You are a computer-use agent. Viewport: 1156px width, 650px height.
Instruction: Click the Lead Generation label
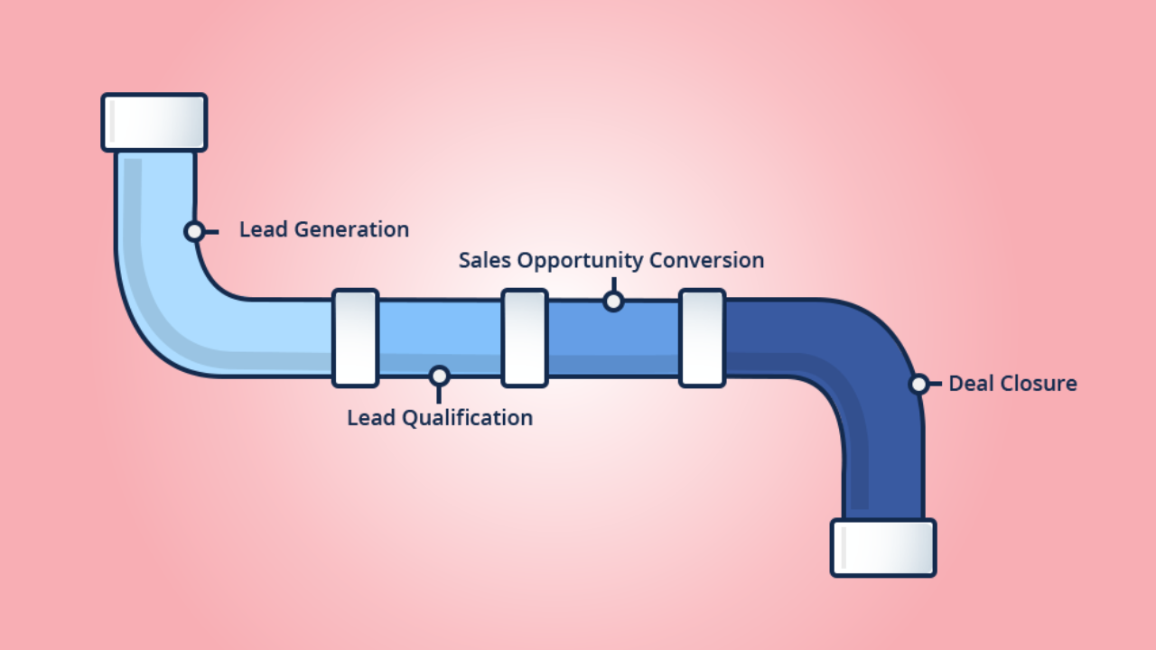(x=323, y=230)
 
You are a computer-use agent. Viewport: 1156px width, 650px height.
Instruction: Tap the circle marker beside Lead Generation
(x=194, y=231)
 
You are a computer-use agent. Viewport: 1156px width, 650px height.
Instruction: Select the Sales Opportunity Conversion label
(x=611, y=261)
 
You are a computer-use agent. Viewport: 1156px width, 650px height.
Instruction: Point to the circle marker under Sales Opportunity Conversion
(x=613, y=301)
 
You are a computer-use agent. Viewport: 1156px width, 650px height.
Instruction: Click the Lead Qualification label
(x=440, y=418)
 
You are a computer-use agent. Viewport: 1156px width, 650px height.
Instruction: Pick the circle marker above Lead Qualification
(x=439, y=376)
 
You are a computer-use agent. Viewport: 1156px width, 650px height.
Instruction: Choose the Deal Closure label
(x=1011, y=384)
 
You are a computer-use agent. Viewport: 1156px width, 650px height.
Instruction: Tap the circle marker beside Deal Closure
(x=918, y=384)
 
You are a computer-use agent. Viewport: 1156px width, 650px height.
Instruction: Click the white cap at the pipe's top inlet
(x=154, y=122)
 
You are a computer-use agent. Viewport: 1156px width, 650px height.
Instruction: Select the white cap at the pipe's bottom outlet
(x=883, y=547)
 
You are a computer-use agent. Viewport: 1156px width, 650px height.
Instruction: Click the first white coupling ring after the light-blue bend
(x=355, y=338)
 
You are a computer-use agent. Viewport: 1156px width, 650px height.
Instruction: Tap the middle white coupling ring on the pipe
(x=525, y=338)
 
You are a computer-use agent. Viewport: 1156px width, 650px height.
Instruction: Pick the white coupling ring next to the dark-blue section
(x=702, y=338)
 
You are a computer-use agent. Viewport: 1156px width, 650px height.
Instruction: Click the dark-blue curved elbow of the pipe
(x=867, y=361)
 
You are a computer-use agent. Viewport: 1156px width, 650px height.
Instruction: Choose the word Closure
(x=1042, y=384)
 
